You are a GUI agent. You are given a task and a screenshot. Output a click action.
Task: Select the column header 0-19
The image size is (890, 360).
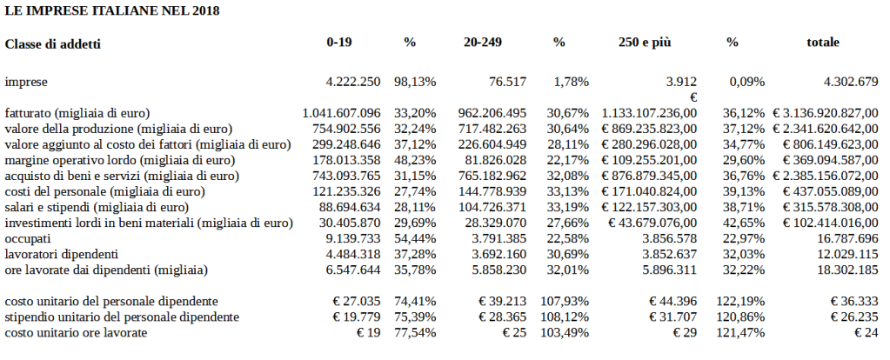339,42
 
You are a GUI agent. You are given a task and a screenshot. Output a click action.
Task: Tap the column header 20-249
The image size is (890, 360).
484,42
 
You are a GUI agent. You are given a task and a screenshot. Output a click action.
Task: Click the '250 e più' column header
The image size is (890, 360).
646,42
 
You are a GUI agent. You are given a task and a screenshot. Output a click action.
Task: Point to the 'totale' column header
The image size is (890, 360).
823,42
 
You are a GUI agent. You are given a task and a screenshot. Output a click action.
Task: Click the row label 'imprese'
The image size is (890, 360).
26,82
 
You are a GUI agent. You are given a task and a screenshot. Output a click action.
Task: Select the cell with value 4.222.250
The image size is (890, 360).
352,82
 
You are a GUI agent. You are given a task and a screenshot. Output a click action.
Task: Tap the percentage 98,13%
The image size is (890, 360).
416,82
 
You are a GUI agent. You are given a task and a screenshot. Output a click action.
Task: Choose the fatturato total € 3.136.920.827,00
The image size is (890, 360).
830,113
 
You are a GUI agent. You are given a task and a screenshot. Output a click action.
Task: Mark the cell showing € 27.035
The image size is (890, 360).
355,301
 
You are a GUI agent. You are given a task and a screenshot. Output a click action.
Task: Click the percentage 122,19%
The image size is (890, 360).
744,301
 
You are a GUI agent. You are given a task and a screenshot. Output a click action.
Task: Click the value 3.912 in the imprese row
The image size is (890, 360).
682,82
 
